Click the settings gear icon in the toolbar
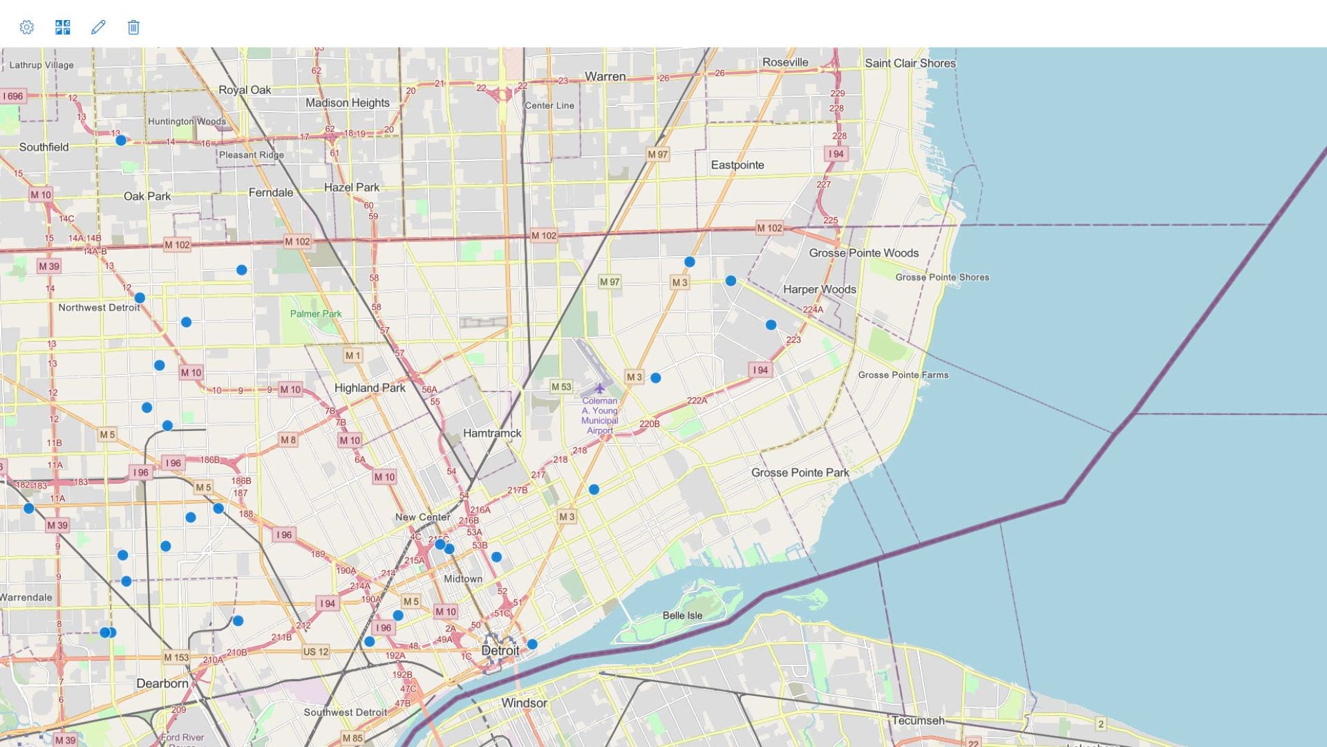[26, 27]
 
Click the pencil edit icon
[98, 27]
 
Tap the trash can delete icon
[133, 27]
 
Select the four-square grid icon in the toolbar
[62, 27]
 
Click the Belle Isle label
[682, 616]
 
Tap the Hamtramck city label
[492, 434]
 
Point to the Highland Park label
[370, 388]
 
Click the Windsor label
[524, 703]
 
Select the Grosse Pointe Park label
[800, 473]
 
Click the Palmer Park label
[316, 314]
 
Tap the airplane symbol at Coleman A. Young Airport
[599, 389]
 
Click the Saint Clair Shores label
[910, 63]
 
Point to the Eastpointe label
[737, 165]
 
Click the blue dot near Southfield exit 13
[121, 140]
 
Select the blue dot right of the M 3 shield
[655, 378]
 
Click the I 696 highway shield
[12, 96]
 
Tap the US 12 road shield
[316, 652]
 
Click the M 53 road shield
[561, 387]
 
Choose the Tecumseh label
[917, 721]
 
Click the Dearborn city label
[162, 684]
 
